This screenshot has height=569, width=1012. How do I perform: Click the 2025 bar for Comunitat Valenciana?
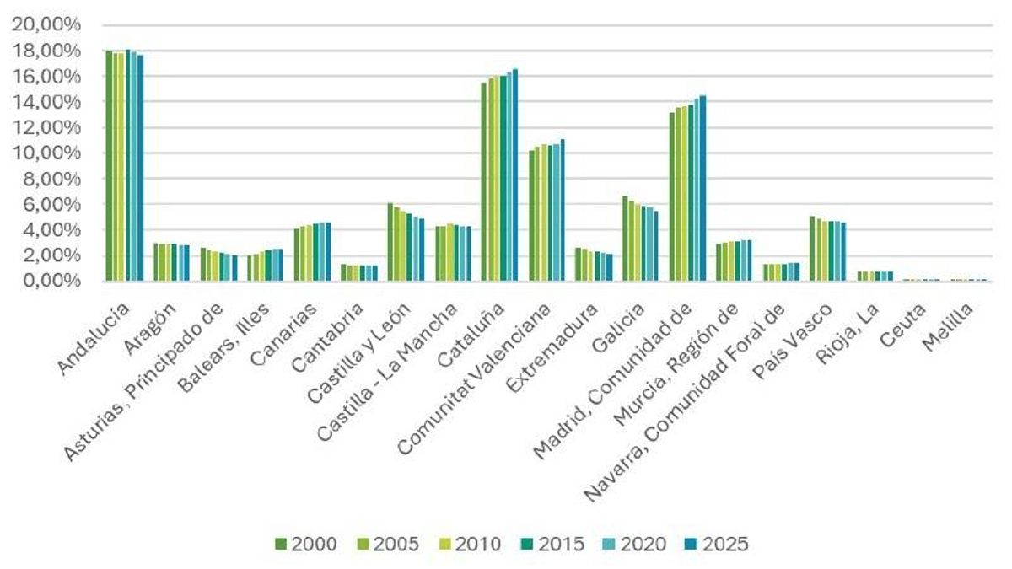tap(562, 210)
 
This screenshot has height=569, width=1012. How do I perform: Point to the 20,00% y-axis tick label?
tap(46, 25)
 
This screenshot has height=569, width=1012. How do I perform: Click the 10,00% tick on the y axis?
tap(46, 153)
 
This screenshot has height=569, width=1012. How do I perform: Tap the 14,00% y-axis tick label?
tap(46, 102)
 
